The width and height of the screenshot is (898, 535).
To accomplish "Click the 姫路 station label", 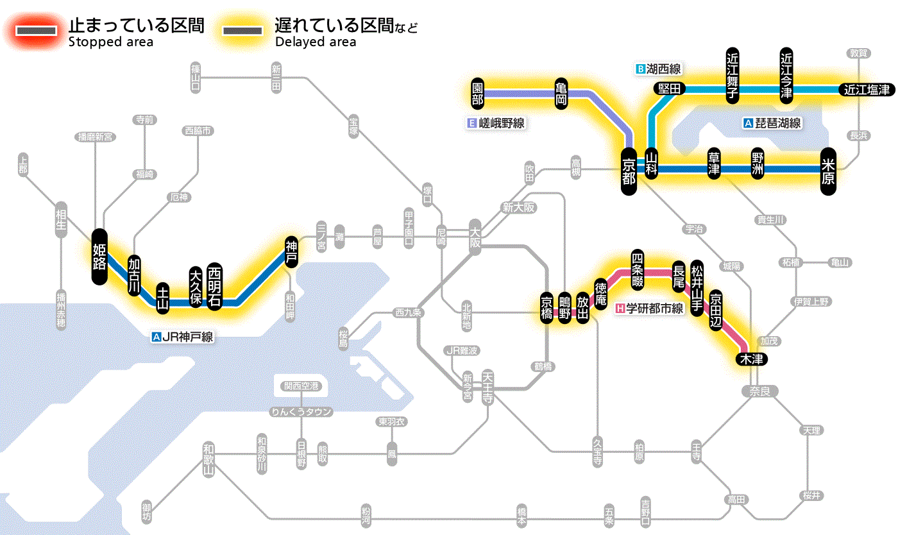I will point(99,256).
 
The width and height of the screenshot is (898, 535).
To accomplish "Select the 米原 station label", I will point(828,170).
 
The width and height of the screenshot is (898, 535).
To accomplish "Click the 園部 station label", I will point(477,93).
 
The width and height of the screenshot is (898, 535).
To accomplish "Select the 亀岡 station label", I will point(561,93).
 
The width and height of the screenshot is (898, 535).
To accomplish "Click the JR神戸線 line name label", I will point(183,336).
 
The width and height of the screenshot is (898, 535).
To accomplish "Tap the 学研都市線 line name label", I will point(650,309).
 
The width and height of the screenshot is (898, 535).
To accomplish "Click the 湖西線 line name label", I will point(659,69).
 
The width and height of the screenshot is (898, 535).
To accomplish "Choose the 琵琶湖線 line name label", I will point(773,123).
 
